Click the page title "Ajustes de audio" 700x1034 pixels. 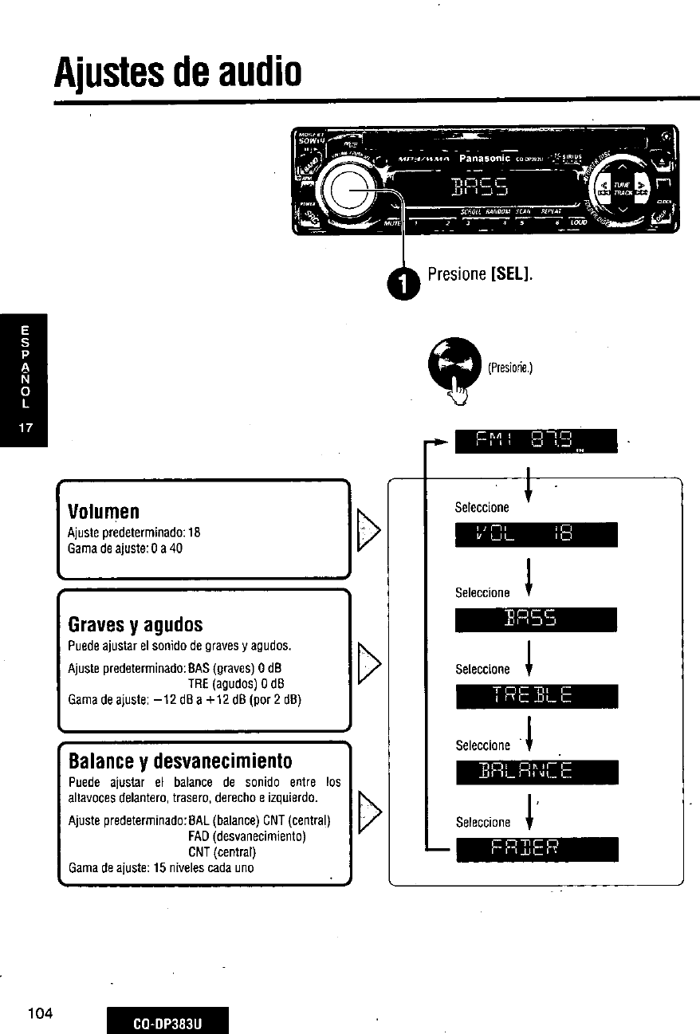[177, 73]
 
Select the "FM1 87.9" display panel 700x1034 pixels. [536, 440]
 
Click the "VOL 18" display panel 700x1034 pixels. [536, 535]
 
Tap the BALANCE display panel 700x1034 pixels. [536, 773]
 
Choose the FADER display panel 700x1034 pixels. [536, 849]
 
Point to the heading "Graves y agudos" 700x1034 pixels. [136, 623]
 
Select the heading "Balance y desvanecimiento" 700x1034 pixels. [180, 759]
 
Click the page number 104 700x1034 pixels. [39, 1013]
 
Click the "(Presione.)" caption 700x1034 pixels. [509, 368]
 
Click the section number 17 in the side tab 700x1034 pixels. [26, 427]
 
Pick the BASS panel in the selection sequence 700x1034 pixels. [536, 619]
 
